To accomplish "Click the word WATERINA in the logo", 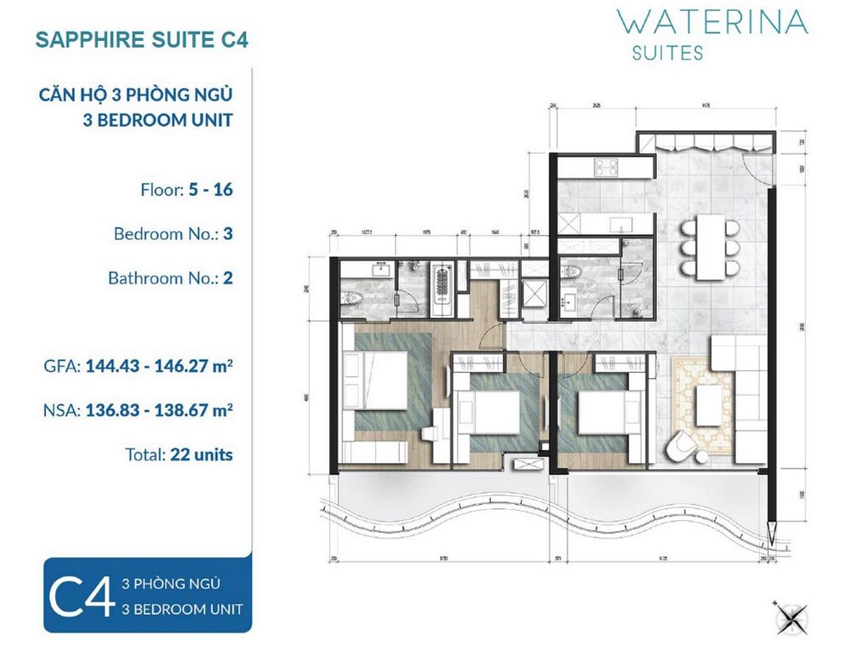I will coord(712,20).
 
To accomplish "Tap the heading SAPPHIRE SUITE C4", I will coord(141,40).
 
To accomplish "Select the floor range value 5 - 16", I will coord(208,189).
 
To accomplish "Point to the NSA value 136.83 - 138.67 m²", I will coord(159,409).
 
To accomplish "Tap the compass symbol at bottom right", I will coord(789,614).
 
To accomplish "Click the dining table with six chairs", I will coord(709,245).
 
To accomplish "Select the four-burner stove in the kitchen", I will coord(605,169).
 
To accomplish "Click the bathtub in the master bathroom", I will coord(441,283).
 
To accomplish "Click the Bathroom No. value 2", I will coord(226,277).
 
